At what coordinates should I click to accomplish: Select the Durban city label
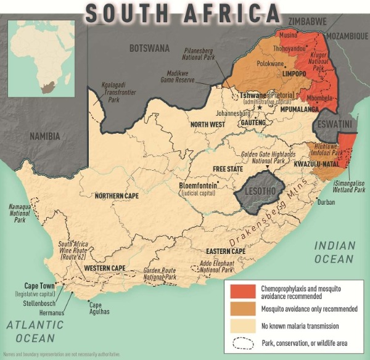(326, 202)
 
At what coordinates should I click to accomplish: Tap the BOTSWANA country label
(149, 47)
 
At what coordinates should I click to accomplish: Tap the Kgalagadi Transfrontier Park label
(117, 92)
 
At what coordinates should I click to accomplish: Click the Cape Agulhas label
(95, 308)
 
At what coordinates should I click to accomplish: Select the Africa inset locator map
(41, 56)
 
